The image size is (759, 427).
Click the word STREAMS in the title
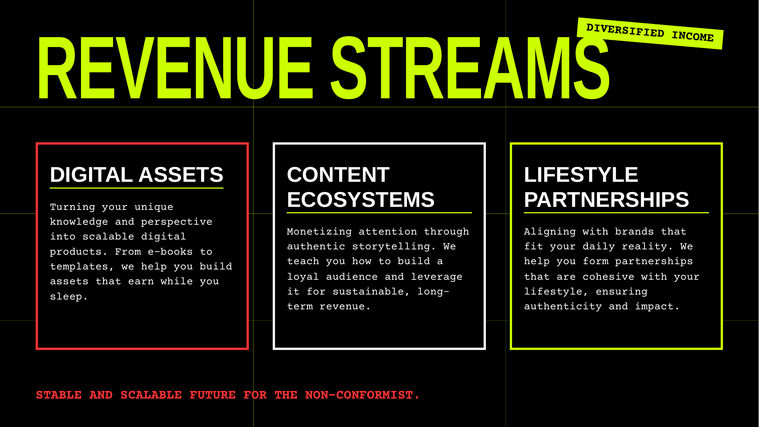pyautogui.click(x=470, y=68)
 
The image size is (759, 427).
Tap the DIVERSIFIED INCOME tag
pyautogui.click(x=650, y=33)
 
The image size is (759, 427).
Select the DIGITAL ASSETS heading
pyautogui.click(x=137, y=175)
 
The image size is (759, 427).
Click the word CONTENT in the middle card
pyautogui.click(x=338, y=175)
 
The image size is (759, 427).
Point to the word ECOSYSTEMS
pyautogui.click(x=361, y=200)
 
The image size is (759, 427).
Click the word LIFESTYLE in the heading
pyautogui.click(x=581, y=175)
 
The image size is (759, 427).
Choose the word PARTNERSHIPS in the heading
pyautogui.click(x=607, y=200)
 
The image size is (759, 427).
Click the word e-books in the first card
pyautogui.click(x=170, y=252)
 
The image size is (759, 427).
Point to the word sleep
pyautogui.click(x=69, y=296)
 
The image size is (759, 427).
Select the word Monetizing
pyautogui.click(x=319, y=232)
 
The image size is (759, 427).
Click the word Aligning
pyautogui.click(x=550, y=232)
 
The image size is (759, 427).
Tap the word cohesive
pyautogui.click(x=608, y=277)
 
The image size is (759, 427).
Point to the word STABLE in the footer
pyautogui.click(x=59, y=395)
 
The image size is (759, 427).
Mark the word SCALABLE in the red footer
pyautogui.click(x=151, y=395)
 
